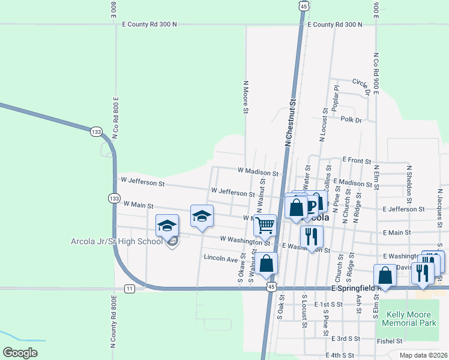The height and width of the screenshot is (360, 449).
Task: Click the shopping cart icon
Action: [x=265, y=226]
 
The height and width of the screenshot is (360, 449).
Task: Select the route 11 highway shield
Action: [x=130, y=289]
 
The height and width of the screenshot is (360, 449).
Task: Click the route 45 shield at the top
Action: [x=304, y=6]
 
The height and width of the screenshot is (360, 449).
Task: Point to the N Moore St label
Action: [x=246, y=97]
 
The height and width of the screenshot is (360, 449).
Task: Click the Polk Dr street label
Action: [x=351, y=120]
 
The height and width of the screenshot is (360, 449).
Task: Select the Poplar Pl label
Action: [x=336, y=97]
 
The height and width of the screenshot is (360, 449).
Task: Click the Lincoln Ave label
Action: [x=221, y=259]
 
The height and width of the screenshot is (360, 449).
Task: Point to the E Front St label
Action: [x=357, y=160]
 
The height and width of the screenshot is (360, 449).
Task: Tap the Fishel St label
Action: [x=390, y=341]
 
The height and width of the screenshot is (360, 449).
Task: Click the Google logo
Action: [x=20, y=353]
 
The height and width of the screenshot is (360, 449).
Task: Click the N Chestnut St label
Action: [x=291, y=123]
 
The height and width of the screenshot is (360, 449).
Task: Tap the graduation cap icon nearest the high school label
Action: [x=167, y=226]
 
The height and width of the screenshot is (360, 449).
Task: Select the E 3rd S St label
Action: [x=344, y=338]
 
